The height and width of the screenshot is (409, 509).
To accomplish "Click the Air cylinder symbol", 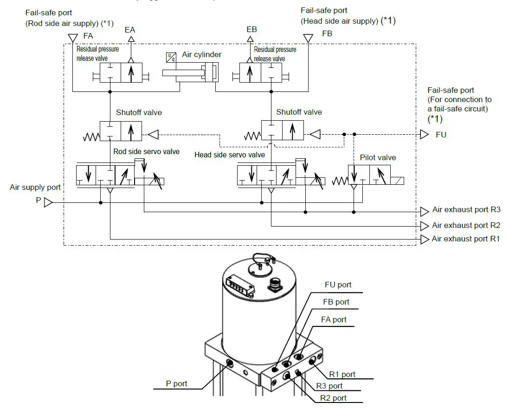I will (190, 73).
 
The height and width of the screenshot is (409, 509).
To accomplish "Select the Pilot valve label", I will (378, 157).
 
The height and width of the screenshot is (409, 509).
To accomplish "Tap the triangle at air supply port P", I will (49, 203).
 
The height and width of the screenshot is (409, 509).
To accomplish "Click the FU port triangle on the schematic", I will (424, 134).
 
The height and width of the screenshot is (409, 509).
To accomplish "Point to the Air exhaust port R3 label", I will (466, 210).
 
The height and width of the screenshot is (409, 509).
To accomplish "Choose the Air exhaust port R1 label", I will (466, 239).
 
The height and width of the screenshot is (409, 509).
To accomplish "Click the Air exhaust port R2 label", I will (466, 226).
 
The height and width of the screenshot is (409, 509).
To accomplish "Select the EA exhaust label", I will (130, 30).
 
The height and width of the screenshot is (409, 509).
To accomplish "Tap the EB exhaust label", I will (251, 30).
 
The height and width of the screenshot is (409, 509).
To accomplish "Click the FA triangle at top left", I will (72, 37).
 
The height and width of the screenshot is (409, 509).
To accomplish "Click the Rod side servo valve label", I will (146, 151).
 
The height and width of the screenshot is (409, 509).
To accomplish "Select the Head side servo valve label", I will (230, 155).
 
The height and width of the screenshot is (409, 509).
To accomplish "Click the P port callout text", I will (176, 383).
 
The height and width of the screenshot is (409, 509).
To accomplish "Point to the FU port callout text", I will (338, 285).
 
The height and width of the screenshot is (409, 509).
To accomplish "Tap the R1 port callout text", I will (342, 374).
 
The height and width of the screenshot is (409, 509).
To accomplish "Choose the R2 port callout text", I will (333, 398).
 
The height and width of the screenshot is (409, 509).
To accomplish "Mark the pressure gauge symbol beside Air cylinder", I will (170, 57).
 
